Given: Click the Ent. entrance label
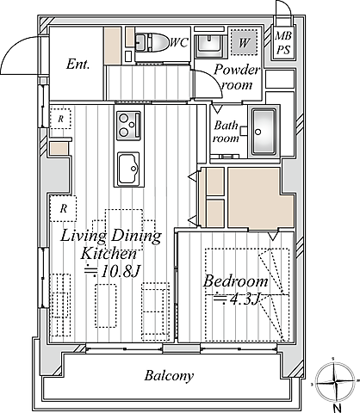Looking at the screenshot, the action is pyautogui.click(x=78, y=64).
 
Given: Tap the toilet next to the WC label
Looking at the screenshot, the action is pyautogui.click(x=152, y=42).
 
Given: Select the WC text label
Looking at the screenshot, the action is pyautogui.click(x=179, y=43).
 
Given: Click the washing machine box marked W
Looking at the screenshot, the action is pyautogui.click(x=244, y=42).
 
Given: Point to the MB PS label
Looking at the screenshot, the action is pyautogui.click(x=283, y=43).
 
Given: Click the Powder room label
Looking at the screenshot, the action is pyautogui.click(x=237, y=77).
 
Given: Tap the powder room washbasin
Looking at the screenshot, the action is pyautogui.click(x=209, y=46).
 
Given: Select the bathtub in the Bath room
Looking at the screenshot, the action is pyautogui.click(x=264, y=133).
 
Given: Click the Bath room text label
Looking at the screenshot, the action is pyautogui.click(x=227, y=132).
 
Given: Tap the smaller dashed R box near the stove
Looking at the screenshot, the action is pyautogui.click(x=60, y=119).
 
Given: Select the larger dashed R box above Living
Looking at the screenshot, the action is pyautogui.click(x=63, y=208).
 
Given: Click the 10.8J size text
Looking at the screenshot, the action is pyautogui.click(x=112, y=271).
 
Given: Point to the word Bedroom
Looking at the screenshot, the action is pyautogui.click(x=235, y=281).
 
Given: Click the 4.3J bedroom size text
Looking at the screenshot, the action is pyautogui.click(x=237, y=299).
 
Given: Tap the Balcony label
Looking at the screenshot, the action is pyautogui.click(x=169, y=376).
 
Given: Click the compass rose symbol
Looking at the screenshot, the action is pyautogui.click(x=335, y=382).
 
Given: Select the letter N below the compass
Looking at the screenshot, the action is pyautogui.click(x=338, y=408).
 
